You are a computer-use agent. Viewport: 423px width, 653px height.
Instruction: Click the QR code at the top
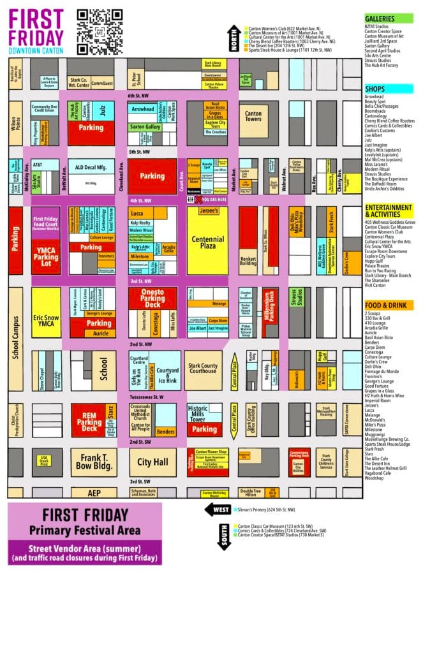click(x=100, y=32)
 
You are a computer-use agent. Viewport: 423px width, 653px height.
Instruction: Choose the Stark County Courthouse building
click(x=204, y=371)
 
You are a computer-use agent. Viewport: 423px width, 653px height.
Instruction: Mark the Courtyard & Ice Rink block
click(x=168, y=371)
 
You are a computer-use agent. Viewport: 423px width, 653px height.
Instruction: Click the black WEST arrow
click(x=217, y=509)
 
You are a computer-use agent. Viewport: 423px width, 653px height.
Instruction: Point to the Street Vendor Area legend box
click(x=85, y=552)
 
